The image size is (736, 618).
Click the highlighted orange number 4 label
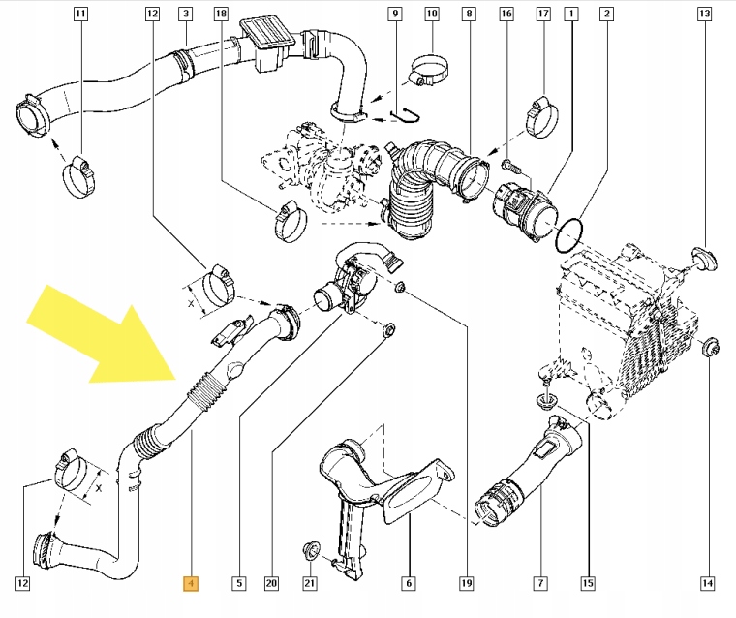(191, 583)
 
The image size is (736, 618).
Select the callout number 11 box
(80, 15)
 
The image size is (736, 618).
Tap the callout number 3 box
(185, 15)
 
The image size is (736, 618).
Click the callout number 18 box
(220, 15)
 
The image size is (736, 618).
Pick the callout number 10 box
(432, 15)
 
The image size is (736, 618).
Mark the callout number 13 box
(704, 15)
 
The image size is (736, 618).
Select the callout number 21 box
(310, 583)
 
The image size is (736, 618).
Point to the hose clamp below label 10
(427, 72)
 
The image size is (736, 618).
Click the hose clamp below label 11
(80, 175)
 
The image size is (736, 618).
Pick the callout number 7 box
(539, 583)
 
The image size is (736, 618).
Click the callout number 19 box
(467, 583)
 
